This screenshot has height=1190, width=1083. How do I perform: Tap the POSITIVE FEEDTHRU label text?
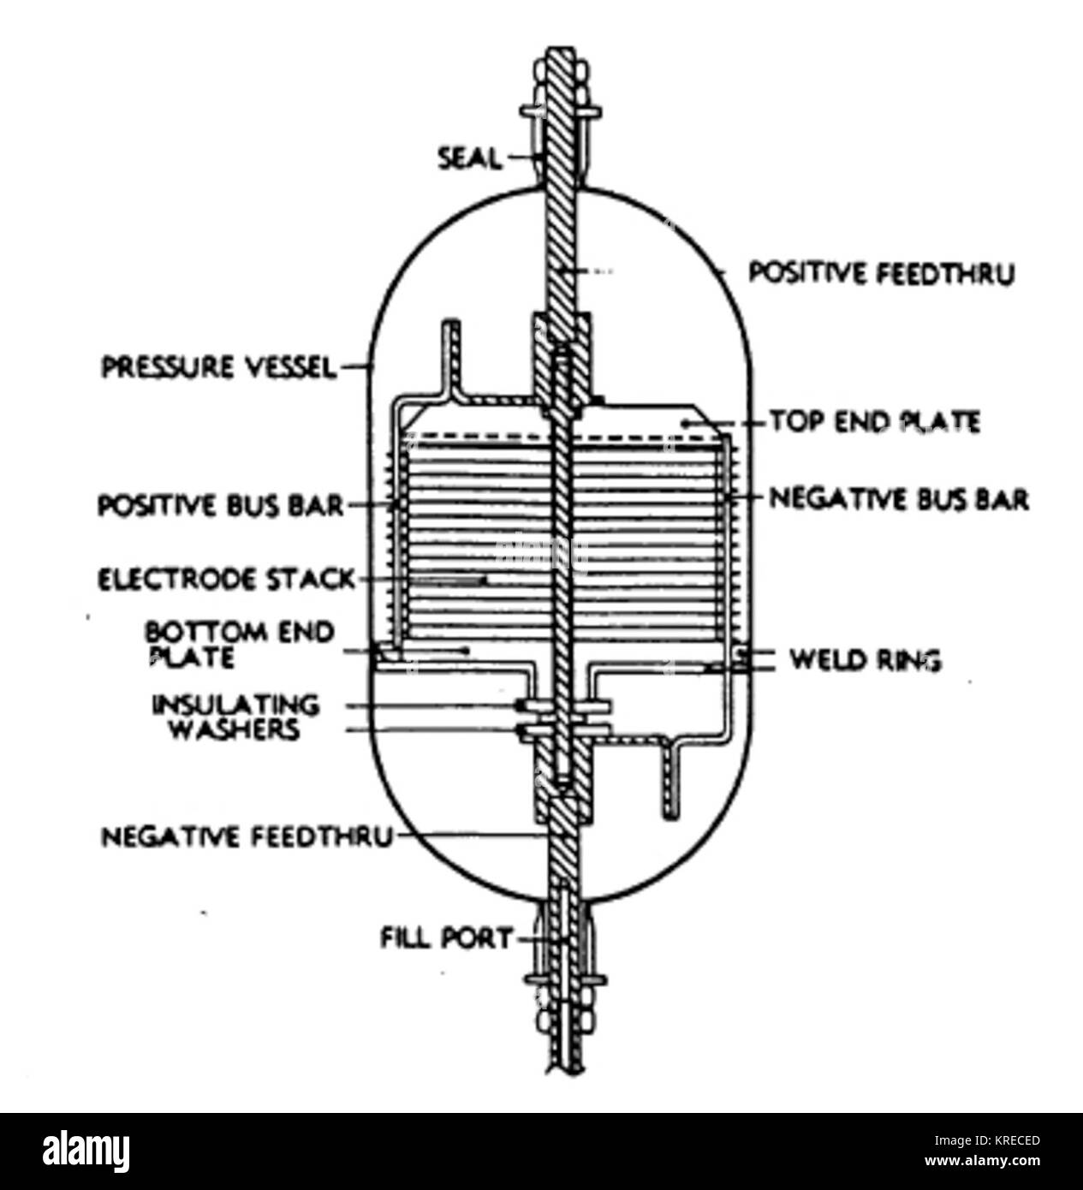pyautogui.click(x=882, y=274)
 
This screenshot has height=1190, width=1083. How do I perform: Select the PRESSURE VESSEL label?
pyautogui.click(x=218, y=367)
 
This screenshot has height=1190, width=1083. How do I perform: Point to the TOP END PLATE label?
pyautogui.click(x=875, y=422)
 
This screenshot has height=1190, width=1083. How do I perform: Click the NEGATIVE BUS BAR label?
pyautogui.click(x=899, y=499)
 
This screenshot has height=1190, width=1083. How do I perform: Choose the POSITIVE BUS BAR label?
pyautogui.click(x=221, y=506)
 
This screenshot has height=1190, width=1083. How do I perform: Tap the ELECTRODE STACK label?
pyautogui.click(x=226, y=580)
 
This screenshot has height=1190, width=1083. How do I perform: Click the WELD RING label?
pyautogui.click(x=866, y=660)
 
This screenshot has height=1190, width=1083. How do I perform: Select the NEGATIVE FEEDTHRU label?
pyautogui.click(x=247, y=837)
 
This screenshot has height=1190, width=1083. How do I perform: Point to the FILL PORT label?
pyautogui.click(x=446, y=938)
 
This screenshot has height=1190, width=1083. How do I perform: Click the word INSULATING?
pyautogui.click(x=236, y=705)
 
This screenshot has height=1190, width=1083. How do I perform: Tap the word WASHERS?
pyautogui.click(x=235, y=729)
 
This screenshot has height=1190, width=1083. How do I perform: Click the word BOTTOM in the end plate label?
pyautogui.click(x=199, y=633)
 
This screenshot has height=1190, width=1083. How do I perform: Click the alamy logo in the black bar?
pyautogui.click(x=86, y=1151)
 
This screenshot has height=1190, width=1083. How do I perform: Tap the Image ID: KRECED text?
pyautogui.click(x=987, y=1140)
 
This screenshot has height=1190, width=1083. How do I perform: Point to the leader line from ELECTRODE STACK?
pyautogui.click(x=421, y=580)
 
